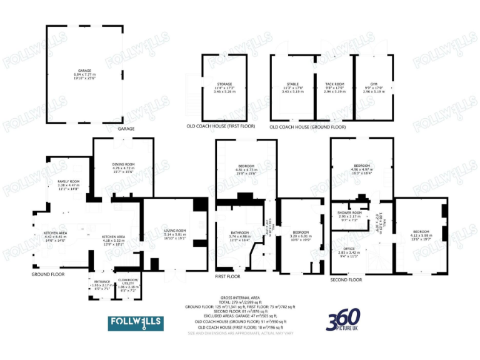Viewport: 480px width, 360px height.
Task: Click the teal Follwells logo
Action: click(136, 323)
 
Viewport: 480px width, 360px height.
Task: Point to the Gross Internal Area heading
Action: click(240, 297)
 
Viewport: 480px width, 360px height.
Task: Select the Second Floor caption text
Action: click(346, 279)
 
